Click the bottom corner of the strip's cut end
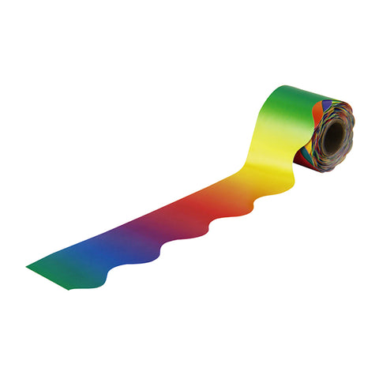pos(69,288)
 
